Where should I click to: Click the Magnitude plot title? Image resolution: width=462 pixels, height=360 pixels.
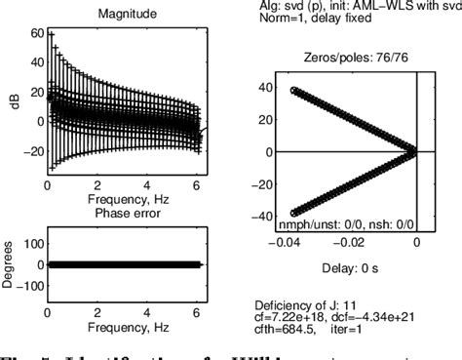[x=123, y=14]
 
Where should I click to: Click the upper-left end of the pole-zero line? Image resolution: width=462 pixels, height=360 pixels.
[x=294, y=91]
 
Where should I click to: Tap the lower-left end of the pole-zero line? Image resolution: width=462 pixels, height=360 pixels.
[x=294, y=213]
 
